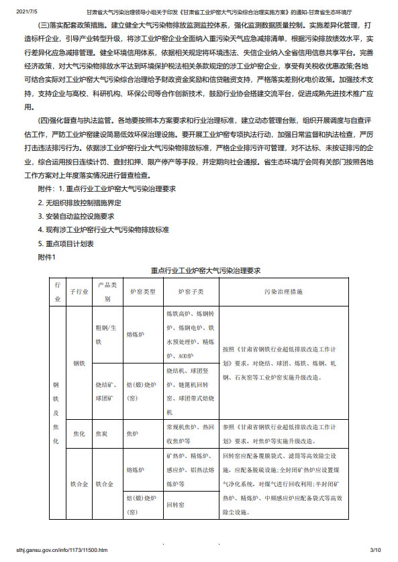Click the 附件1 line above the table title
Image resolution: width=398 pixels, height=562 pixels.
[x=48, y=256]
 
